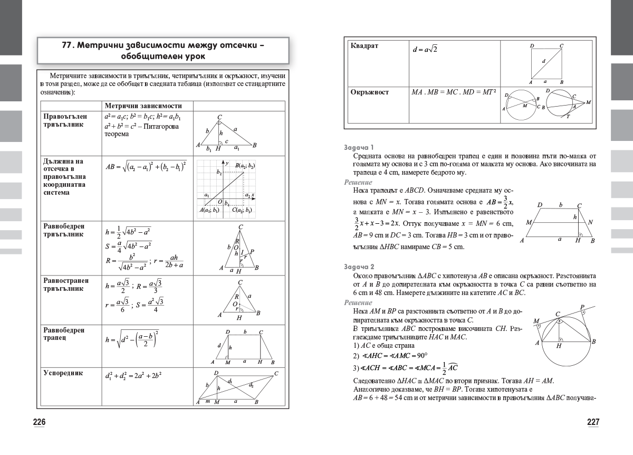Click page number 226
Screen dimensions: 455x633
coord(40,422)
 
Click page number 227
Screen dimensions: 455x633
coord(593,422)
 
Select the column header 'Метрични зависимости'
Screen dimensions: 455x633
coord(143,106)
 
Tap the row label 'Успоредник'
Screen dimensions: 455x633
coord(63,373)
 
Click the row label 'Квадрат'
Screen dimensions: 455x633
coord(365,46)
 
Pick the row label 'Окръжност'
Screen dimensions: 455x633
coord(370,92)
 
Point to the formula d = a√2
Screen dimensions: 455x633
coord(425,49)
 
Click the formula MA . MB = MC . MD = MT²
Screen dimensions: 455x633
coord(454,92)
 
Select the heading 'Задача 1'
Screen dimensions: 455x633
coord(359,147)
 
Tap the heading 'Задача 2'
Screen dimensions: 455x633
coord(359,267)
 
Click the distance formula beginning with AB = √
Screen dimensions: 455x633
coord(146,166)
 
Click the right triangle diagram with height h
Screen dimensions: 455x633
coord(226,133)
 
